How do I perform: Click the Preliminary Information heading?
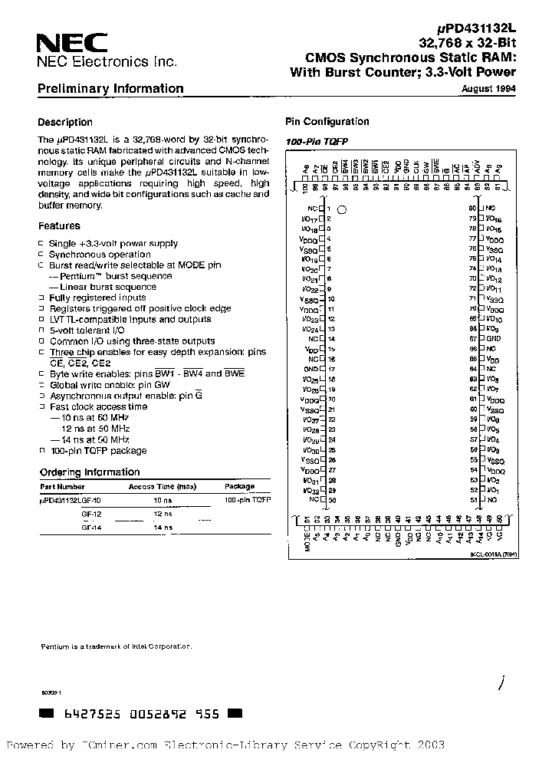110,89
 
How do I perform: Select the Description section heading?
65,122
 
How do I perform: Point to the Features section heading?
59,226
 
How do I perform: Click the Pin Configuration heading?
327,122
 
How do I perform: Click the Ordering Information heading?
90,472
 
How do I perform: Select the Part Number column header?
61,486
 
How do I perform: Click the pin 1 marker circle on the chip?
343,209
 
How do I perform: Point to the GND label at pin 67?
494,338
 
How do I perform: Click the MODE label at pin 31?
307,543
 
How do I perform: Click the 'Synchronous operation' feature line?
100,255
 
